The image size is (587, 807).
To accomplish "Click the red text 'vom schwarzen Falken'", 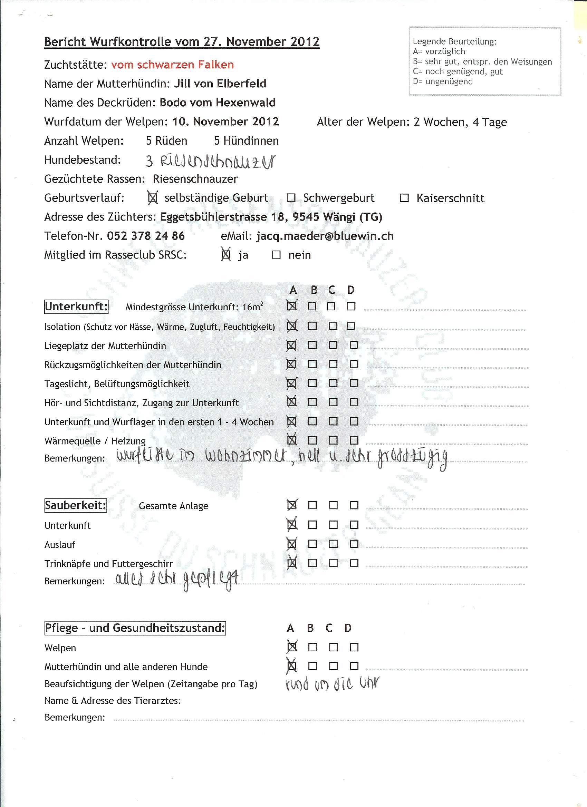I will [x=172, y=65].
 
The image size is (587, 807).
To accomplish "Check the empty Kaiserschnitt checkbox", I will [x=404, y=198].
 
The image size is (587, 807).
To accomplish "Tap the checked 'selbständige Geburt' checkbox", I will [x=153, y=198].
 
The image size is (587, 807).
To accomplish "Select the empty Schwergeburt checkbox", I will [x=291, y=198].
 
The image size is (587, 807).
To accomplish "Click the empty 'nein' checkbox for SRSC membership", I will [x=276, y=255].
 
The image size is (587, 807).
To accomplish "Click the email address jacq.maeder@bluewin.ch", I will [x=325, y=236].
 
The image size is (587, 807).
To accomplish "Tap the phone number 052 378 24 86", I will [x=146, y=236].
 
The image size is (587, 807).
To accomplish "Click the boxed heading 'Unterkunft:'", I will [x=76, y=307].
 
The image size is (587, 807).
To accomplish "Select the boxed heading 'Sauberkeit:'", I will [x=76, y=506].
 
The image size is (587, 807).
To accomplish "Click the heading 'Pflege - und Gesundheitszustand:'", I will [x=135, y=628].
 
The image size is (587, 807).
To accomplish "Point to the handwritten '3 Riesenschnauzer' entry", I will [x=210, y=161].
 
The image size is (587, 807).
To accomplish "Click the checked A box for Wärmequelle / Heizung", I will [x=292, y=440].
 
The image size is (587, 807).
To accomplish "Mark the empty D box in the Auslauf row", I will [x=354, y=544].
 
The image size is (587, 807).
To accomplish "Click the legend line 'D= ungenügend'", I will [x=443, y=81].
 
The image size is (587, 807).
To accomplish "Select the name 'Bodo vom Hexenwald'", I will [x=218, y=103].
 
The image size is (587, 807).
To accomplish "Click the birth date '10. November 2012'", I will [x=225, y=122].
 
